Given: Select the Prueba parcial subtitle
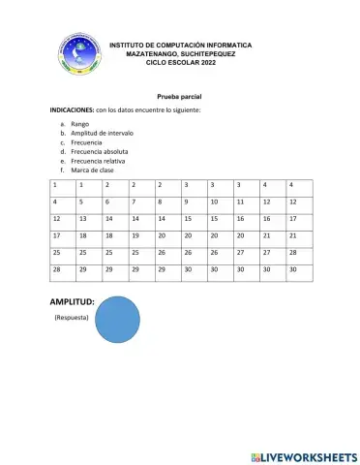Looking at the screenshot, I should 179,99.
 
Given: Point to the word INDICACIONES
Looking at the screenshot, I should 72,112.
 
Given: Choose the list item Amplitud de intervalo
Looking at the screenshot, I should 95,134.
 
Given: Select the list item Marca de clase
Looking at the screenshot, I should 86,170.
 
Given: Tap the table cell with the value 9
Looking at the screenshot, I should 186,201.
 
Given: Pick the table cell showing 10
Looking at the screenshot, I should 213,201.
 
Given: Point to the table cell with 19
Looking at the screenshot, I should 135,235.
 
